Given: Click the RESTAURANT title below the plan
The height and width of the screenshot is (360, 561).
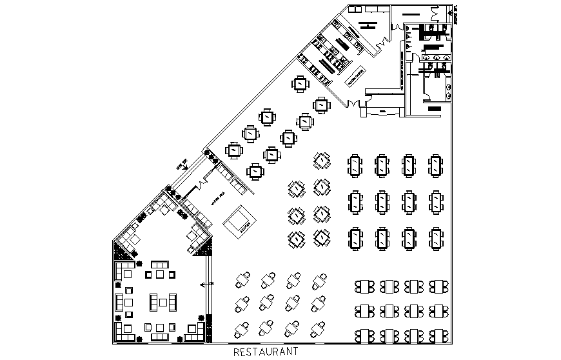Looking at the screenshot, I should pos(265,352).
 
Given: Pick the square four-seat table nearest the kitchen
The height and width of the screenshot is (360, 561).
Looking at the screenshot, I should pos(300,85).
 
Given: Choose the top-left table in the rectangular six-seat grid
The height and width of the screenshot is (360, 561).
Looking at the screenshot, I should pos(355,165).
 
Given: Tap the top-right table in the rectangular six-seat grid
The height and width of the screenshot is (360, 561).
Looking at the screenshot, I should pos(437,165).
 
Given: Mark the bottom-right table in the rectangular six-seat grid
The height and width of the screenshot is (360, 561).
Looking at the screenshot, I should pos(437,239).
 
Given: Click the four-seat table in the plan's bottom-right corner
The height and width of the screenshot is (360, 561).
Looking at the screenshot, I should pos(439,335).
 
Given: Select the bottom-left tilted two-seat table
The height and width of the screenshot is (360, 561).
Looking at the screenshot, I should pos(243,329).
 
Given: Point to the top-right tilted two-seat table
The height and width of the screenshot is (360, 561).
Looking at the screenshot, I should pos(319,281).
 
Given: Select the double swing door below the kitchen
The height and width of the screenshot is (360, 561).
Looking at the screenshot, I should pos(352,103).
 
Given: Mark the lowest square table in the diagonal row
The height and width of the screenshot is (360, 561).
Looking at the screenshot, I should pos(256,172).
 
